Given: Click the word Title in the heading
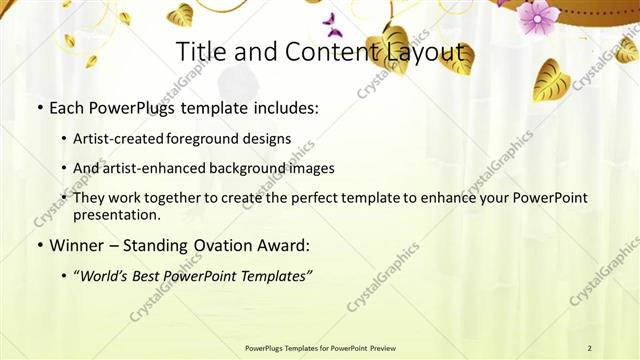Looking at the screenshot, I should [x=198, y=52].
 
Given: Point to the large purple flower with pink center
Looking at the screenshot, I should [x=538, y=16].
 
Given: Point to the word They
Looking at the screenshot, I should [x=90, y=198].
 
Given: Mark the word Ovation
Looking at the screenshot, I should [x=211, y=245].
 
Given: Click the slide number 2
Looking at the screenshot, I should [x=589, y=348].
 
